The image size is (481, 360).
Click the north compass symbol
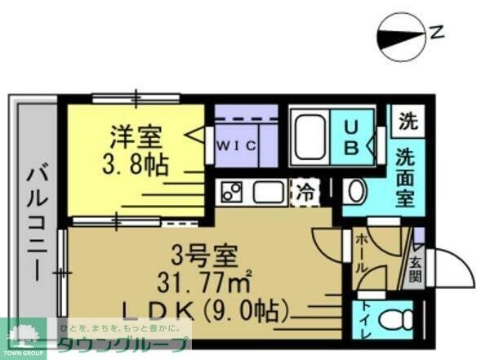tap(403, 35)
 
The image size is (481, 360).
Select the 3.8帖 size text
tap(136, 166)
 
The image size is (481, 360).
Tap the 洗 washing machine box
tap(406, 122)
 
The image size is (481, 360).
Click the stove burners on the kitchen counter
tap(231, 193)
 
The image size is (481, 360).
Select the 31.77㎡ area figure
tap(204, 284)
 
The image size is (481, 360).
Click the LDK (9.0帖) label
tap(206, 311)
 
